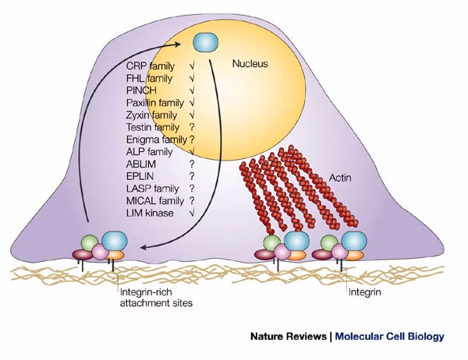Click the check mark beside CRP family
point(191,66)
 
